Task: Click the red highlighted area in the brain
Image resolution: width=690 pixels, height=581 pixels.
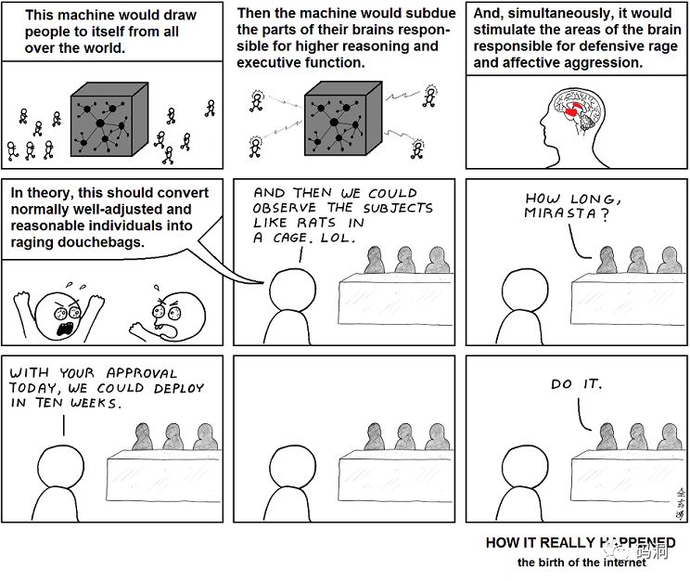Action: click(574, 110)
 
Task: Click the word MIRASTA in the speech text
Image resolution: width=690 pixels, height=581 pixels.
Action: click(560, 213)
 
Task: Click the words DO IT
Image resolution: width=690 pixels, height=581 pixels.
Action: click(576, 384)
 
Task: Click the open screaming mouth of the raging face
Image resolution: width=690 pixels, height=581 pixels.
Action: click(65, 329)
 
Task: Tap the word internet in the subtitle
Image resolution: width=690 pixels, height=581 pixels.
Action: click(624, 562)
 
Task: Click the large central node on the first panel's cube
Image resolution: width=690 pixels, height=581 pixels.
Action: click(100, 123)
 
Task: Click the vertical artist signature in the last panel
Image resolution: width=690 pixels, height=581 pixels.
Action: click(681, 503)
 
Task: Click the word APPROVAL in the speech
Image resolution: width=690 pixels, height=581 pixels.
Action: click(142, 373)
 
